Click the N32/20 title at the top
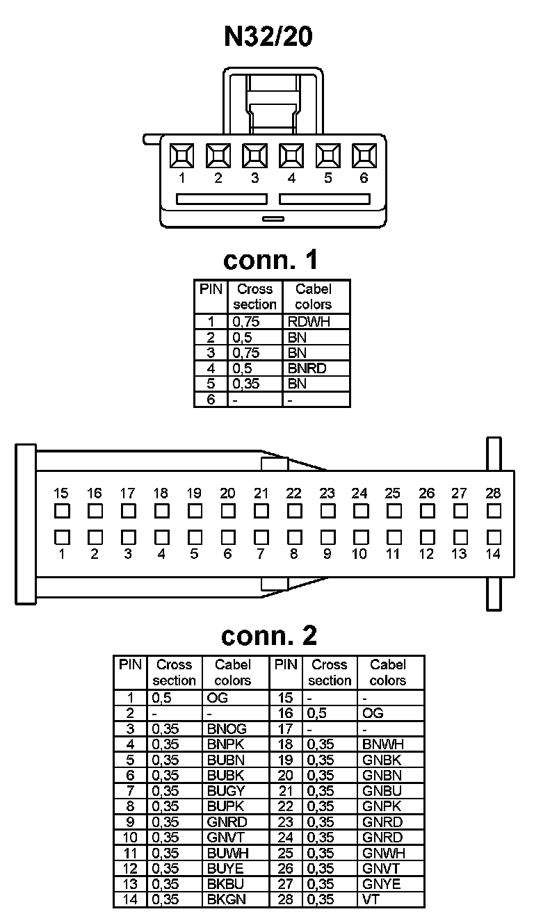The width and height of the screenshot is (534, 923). pyautogui.click(x=268, y=36)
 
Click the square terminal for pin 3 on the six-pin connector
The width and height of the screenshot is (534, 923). pyautogui.click(x=254, y=155)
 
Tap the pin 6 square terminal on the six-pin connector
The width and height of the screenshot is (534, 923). pyautogui.click(x=364, y=155)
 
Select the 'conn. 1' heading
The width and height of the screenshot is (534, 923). pyautogui.click(x=270, y=260)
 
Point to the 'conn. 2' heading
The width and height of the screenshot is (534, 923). pyautogui.click(x=268, y=635)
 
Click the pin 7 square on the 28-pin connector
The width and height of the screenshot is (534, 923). pyautogui.click(x=261, y=537)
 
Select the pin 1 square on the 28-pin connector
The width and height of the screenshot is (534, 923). pyautogui.click(x=61, y=537)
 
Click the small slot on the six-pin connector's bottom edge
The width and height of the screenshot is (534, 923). pyautogui.click(x=273, y=219)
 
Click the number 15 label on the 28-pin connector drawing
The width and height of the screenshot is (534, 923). pyautogui.click(x=61, y=493)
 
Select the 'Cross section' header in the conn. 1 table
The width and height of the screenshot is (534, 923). pyautogui.click(x=254, y=297)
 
